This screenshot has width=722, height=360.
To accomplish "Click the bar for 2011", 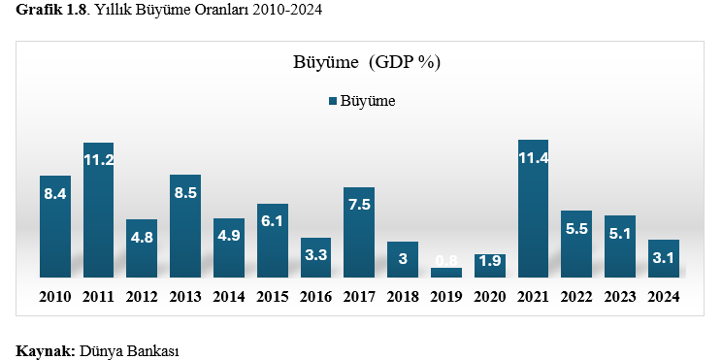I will pos(99,210).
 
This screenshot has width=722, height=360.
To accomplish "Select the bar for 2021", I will pos(533,209).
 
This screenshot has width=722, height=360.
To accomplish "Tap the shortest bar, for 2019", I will pos(446,273).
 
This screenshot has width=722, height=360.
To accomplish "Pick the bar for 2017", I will pos(359,233).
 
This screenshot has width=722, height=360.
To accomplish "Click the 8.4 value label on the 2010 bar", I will pos(55,194).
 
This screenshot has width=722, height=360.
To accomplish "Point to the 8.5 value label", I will pos(185,193).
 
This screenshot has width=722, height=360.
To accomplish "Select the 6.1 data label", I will pos(273,221).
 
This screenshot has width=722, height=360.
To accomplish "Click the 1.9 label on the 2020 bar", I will pos(490,260).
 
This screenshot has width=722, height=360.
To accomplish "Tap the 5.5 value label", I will pos(576,229).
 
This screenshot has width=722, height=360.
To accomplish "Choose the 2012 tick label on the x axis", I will pos(142,296).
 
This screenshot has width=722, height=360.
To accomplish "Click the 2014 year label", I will pos(229,296).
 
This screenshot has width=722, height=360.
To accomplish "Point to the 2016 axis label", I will pos(315,296).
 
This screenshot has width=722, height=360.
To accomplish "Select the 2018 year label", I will pos(403,296).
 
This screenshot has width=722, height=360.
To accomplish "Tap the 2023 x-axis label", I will pos(619,296).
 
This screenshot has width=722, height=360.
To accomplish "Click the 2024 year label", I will pos(663,296).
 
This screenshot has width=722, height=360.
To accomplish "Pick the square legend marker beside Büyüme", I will pos(333,101).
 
